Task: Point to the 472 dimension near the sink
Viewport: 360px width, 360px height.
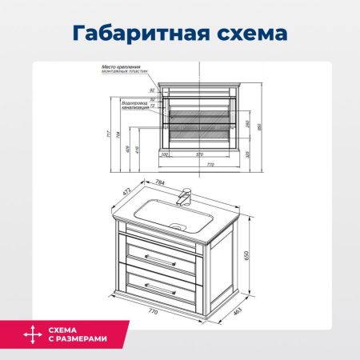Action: click(x=126, y=192)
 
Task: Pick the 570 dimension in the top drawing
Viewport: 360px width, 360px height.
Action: click(x=198, y=154)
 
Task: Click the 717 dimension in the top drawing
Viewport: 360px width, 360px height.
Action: click(x=109, y=133)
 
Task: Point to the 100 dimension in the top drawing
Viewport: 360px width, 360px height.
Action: click(x=165, y=154)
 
